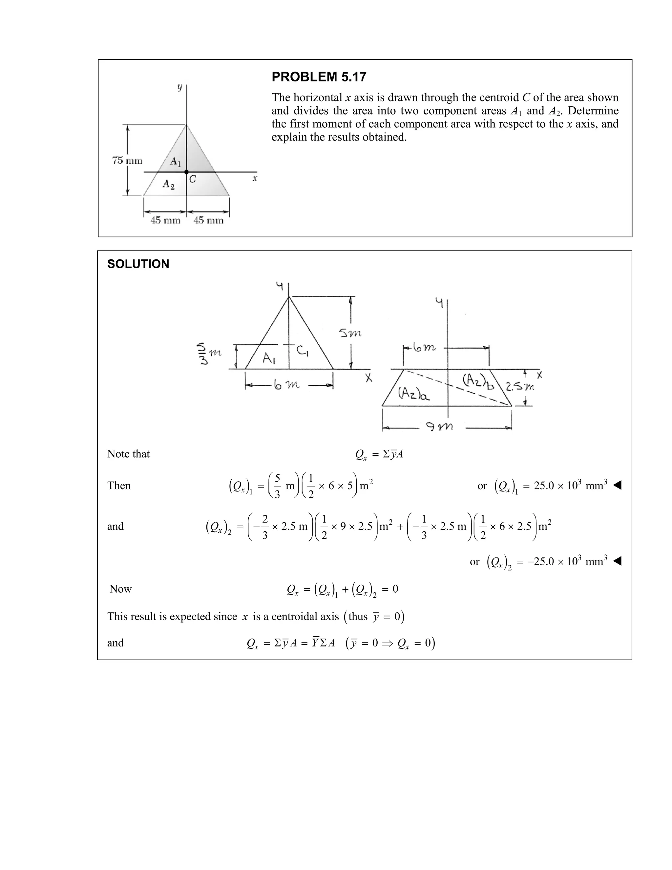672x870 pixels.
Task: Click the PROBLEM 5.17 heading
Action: [319, 76]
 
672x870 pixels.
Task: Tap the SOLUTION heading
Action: [138, 264]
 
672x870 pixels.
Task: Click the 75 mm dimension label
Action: [127, 161]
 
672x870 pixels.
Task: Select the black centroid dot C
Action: [186, 172]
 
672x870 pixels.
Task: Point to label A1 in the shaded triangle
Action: [175, 161]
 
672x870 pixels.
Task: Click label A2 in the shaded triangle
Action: [168, 184]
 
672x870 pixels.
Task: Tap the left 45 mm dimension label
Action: [165, 220]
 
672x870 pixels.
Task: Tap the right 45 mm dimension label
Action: [208, 220]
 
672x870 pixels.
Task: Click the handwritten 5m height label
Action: [350, 333]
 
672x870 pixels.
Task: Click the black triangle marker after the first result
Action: [617, 485]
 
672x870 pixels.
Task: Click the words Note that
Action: [128, 454]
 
